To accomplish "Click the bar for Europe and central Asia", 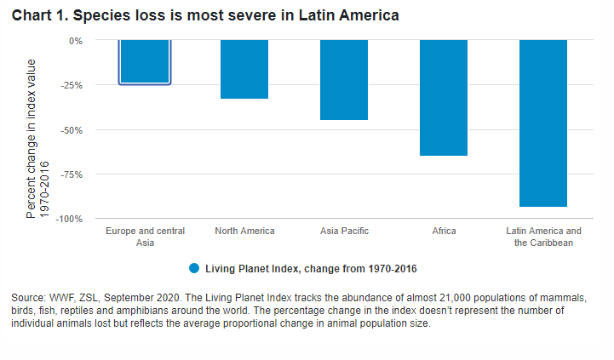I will [x=145, y=62].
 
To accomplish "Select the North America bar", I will [x=244, y=69].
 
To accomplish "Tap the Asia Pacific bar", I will [x=344, y=80].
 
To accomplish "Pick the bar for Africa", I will [x=444, y=98].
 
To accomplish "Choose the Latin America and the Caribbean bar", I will [x=543, y=123].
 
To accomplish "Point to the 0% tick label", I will [x=76, y=41].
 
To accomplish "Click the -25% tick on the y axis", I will [x=72, y=85].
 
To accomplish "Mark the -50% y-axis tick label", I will [x=72, y=130].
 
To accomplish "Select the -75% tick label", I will [x=72, y=174].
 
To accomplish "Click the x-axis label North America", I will [x=244, y=231].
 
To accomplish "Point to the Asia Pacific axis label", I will [x=344, y=231].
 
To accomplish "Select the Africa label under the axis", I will [x=444, y=231].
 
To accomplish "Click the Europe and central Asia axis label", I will [x=145, y=237].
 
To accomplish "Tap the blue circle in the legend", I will [x=194, y=268].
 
